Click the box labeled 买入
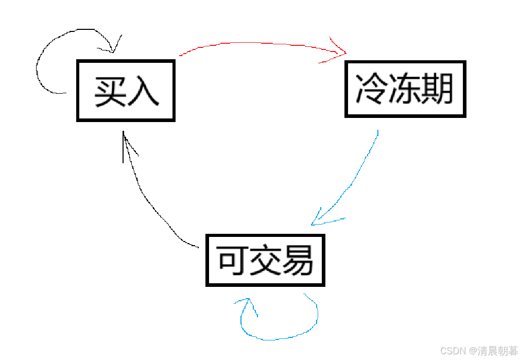tap(126, 91)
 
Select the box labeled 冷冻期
tap(405, 89)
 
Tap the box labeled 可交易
tap(265, 260)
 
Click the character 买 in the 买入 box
tap(110, 91)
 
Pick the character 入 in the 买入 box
tap(143, 91)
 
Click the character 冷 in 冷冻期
tap(372, 89)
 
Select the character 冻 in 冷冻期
tap(405, 89)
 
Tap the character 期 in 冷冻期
tap(437, 89)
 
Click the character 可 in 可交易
tap(233, 261)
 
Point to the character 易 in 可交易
tap(297, 261)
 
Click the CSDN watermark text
tap(453, 351)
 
